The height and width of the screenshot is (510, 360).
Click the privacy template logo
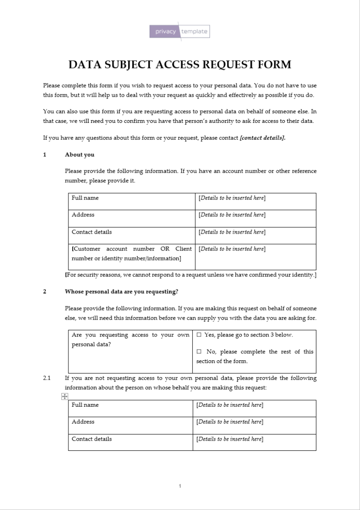[x=180, y=31]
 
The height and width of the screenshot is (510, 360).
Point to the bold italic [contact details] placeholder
[x=262, y=138]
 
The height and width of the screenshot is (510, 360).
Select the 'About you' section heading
[x=79, y=155]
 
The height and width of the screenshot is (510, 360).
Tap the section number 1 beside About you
[x=45, y=155]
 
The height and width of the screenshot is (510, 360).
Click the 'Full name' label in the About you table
[x=85, y=198]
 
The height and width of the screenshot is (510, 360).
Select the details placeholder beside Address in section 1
[x=232, y=215]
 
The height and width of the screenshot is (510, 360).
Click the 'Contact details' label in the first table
[x=91, y=232]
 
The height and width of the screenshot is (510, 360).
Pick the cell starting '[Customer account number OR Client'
[x=131, y=253]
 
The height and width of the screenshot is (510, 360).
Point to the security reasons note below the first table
[x=190, y=274]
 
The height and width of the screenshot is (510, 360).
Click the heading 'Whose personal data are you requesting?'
[x=121, y=291]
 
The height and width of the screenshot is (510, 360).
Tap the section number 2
[x=45, y=291]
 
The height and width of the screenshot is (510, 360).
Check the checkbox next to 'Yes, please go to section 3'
[x=199, y=335]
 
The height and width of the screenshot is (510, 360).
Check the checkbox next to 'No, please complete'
[x=199, y=352]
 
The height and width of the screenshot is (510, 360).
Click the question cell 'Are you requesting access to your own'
[x=130, y=339]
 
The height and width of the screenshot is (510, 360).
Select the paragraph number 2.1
[x=46, y=378]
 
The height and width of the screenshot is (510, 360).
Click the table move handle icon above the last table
[x=64, y=397]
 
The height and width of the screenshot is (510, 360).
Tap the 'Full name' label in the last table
[x=85, y=405]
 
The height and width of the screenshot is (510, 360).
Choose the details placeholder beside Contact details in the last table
[x=230, y=439]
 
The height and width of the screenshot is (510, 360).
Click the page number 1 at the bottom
[x=180, y=486]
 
